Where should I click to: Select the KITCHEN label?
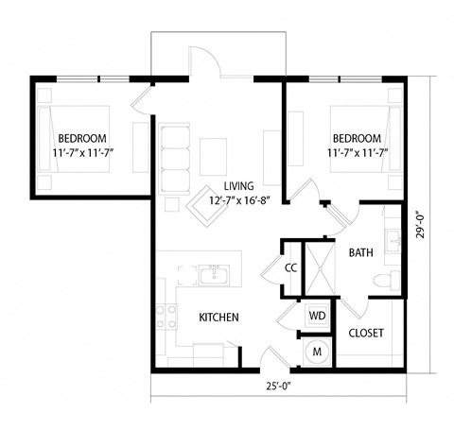[218, 318]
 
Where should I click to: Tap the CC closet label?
[291, 268]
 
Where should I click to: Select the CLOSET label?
[365, 334]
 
